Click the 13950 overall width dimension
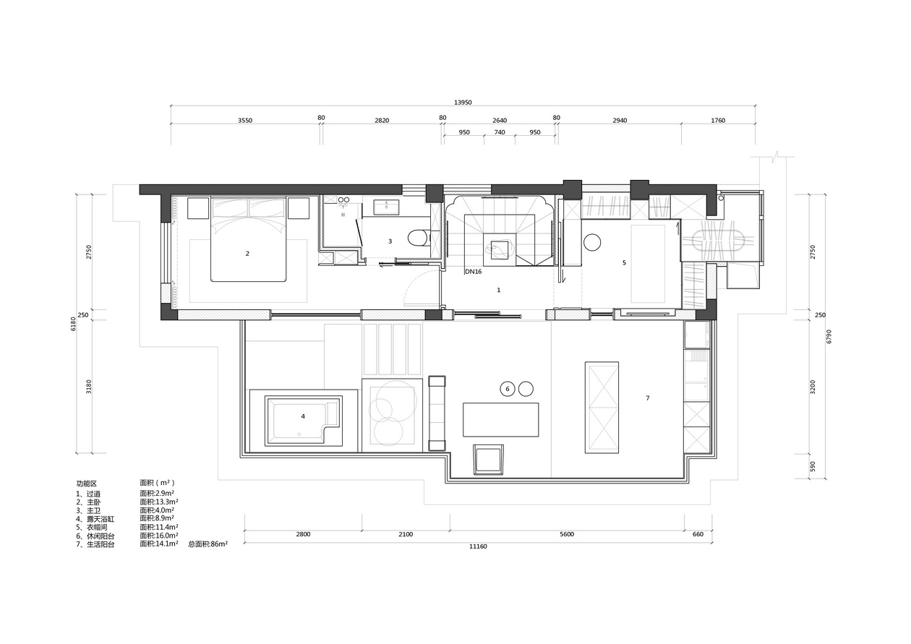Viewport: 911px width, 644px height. click(x=463, y=103)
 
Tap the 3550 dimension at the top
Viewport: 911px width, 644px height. click(x=245, y=120)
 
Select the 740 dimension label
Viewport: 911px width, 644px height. click(x=500, y=132)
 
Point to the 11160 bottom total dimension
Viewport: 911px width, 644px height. click(x=479, y=546)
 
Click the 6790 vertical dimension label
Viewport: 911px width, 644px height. click(x=829, y=336)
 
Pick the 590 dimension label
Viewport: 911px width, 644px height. click(x=813, y=466)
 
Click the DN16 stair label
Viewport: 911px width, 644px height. click(x=474, y=272)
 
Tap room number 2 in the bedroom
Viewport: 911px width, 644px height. click(x=247, y=254)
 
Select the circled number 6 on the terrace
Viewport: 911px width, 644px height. click(x=508, y=389)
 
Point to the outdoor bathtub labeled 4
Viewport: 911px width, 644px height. click(x=304, y=421)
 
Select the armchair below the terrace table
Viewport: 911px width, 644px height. click(x=489, y=459)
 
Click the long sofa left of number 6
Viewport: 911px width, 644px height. click(x=437, y=413)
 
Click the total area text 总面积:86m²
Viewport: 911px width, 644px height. click(x=208, y=544)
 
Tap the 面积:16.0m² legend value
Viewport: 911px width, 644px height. click(x=159, y=536)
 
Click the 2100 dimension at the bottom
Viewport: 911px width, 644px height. click(x=406, y=534)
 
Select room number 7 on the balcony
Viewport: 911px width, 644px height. click(x=648, y=398)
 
